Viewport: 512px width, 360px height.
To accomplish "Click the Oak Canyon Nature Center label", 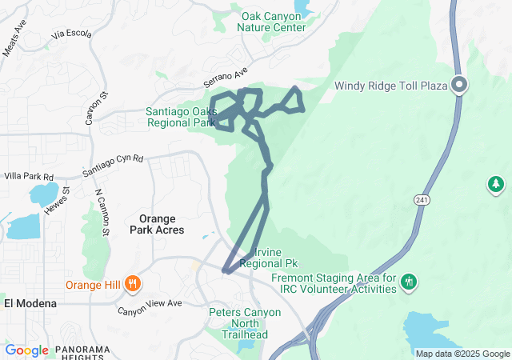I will pos(272,21).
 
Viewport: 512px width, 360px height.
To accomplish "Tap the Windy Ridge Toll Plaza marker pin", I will pos(460,84).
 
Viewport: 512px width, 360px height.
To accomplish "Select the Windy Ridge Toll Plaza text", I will pos(389,85).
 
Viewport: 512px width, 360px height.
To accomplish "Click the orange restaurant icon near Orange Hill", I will pos(134,282).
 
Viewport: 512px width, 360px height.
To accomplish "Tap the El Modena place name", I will pos(30,303).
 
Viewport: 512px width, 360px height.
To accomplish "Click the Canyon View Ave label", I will pos(150,306).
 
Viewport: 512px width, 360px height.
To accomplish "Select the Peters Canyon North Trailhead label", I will pos(245,318).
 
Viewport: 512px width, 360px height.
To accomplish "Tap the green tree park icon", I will pos(496,185).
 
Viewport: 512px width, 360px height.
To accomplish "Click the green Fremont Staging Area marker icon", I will pos(410,281).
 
